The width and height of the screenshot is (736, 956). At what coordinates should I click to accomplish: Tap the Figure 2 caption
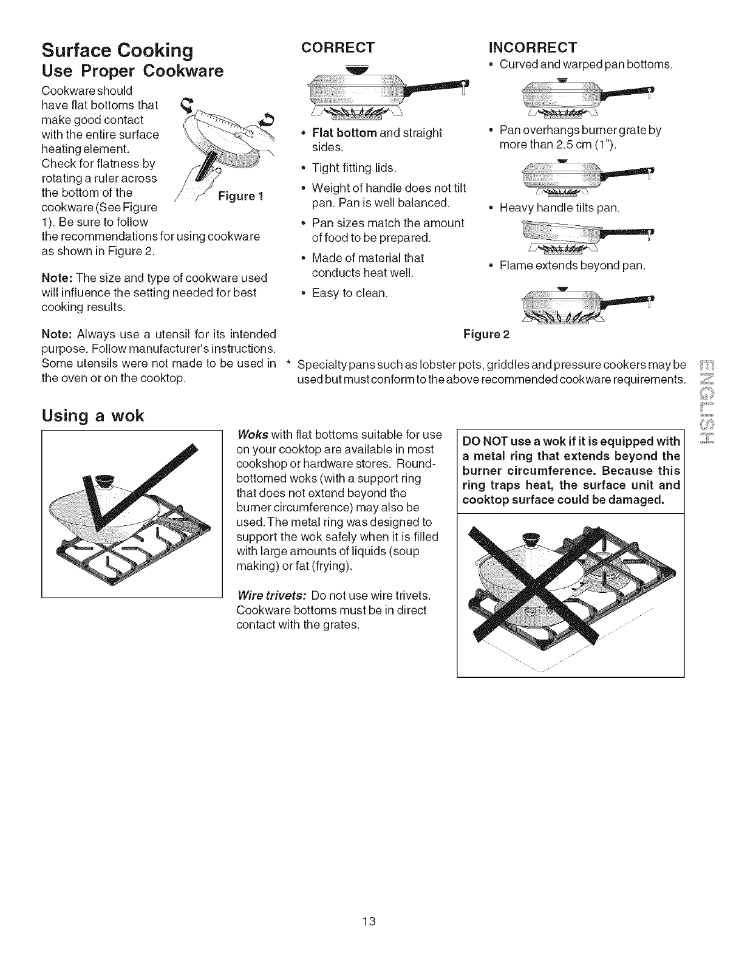pyautogui.click(x=487, y=334)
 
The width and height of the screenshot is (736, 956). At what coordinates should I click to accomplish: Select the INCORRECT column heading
pyautogui.click(x=533, y=48)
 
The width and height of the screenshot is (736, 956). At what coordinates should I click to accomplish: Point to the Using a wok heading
pyautogui.click(x=92, y=416)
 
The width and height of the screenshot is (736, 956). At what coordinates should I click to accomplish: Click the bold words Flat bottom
pyautogui.click(x=343, y=132)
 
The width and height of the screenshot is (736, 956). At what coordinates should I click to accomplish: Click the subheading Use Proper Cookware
pyautogui.click(x=132, y=71)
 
